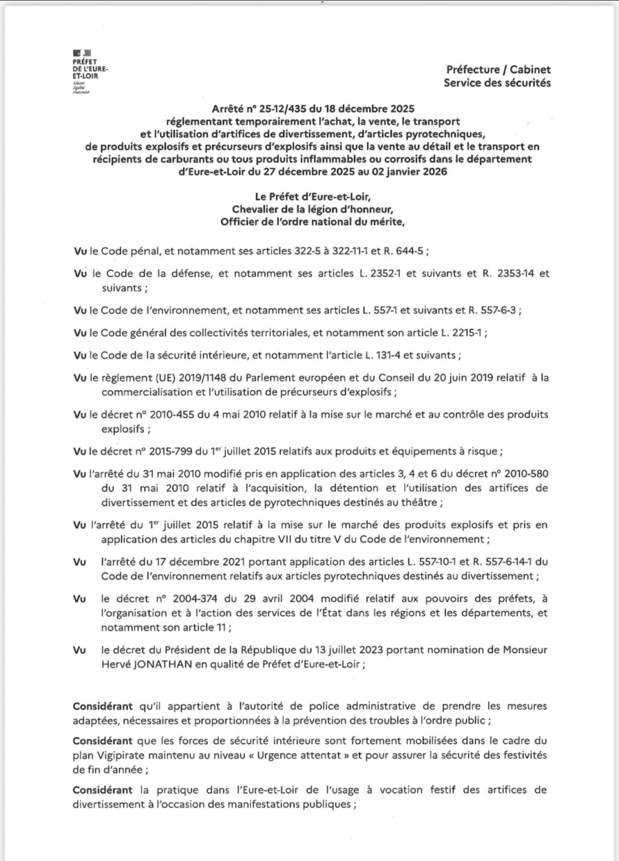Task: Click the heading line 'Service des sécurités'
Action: tap(498, 83)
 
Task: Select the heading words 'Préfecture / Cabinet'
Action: tap(498, 70)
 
